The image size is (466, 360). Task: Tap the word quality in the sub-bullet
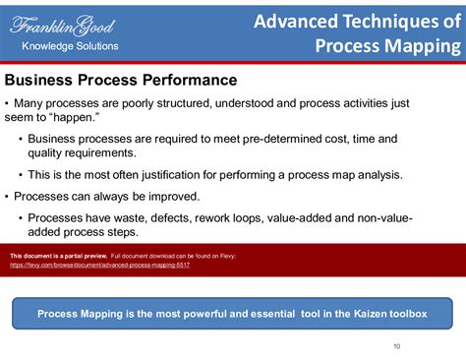[46, 153]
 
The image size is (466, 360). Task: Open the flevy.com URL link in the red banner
[99, 265]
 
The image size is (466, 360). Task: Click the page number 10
[396, 345]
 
